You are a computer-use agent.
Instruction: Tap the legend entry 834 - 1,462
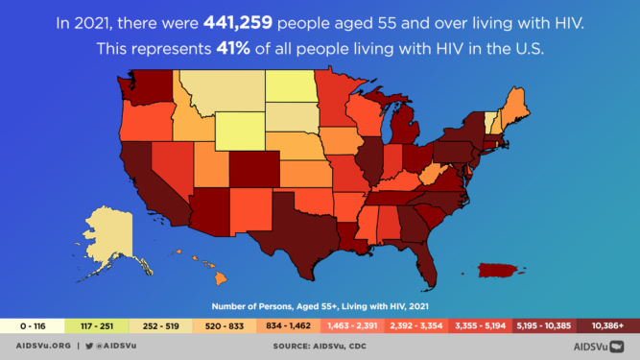coord(288,325)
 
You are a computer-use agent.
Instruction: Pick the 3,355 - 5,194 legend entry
coord(480,325)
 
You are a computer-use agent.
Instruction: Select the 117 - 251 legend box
coord(96,325)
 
